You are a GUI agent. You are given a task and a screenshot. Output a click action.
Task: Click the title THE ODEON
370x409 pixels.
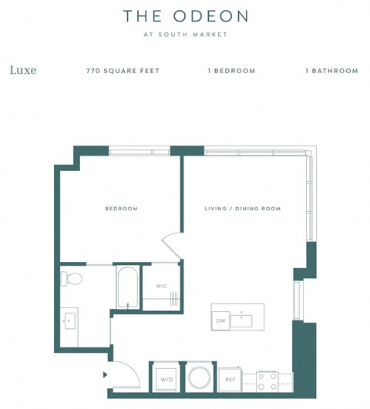185,16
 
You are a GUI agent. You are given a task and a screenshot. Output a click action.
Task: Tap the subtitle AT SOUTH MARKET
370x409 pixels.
185,35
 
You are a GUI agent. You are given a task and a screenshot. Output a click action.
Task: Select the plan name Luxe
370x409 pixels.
23,70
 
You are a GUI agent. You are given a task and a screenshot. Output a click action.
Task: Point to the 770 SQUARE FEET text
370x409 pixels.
123,71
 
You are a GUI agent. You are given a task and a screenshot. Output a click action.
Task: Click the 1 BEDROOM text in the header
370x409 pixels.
231,71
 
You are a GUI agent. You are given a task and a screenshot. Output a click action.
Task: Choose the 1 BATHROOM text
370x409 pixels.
331,71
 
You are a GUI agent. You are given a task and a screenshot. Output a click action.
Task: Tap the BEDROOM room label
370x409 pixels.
121,209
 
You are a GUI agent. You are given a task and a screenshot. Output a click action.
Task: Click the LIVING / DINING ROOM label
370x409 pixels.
242,209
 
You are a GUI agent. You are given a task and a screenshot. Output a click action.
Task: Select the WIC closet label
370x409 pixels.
162,286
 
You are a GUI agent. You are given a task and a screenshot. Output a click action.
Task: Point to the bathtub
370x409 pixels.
126,287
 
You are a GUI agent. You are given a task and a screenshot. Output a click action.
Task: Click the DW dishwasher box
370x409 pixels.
220,320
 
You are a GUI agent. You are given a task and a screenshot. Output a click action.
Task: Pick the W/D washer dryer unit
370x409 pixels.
166,379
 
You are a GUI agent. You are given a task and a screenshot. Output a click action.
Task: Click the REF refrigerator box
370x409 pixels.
230,379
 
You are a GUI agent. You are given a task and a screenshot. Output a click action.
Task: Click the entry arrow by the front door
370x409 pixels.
105,376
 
